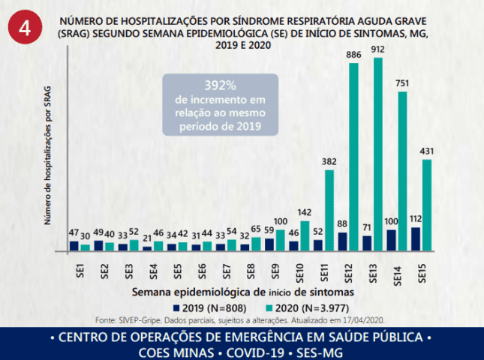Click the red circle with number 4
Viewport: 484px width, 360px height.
pos(25,27)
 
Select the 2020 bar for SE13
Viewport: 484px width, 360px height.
pos(378,154)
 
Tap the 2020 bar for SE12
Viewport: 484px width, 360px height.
pos(353,157)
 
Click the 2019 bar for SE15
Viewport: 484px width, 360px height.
pos(416,239)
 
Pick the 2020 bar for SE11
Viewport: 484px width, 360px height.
pos(329,211)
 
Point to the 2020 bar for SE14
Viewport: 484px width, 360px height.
pos(402,171)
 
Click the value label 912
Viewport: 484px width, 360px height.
pos(377,49)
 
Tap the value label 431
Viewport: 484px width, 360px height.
pos(426,151)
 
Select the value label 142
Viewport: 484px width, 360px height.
pos(305,212)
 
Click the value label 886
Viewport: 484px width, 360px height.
pos(353,55)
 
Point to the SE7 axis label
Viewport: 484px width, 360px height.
pos(227,271)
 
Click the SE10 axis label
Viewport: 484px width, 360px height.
pos(299,273)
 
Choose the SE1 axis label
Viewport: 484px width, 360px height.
pos(80,271)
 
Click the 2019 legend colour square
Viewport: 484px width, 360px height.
pos(176,307)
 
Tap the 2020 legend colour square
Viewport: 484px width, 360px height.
pos(269,307)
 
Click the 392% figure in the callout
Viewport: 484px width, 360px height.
pos(220,85)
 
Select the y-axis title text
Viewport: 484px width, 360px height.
pos(47,156)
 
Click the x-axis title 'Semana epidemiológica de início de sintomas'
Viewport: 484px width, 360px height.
pos(243,292)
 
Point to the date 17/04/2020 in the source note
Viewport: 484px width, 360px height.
pos(363,320)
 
